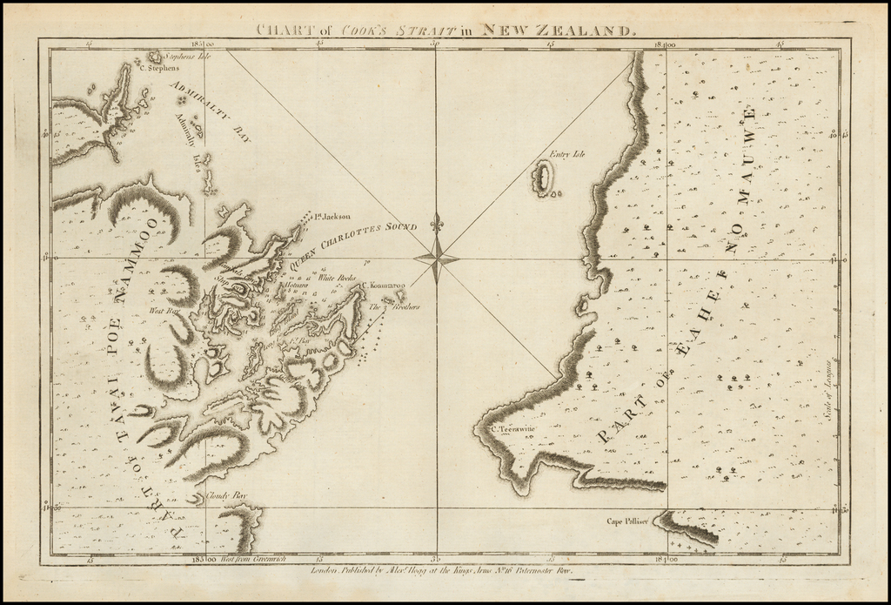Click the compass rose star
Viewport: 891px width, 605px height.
pyautogui.click(x=436, y=258)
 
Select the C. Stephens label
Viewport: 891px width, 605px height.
pyautogui.click(x=159, y=68)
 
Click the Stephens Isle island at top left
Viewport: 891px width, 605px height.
pyautogui.click(x=155, y=57)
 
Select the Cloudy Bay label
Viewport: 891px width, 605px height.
pyautogui.click(x=226, y=495)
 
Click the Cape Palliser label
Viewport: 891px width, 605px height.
pyautogui.click(x=627, y=522)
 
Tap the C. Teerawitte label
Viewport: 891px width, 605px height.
pyautogui.click(x=513, y=428)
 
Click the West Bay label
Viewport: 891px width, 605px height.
pyautogui.click(x=163, y=310)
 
